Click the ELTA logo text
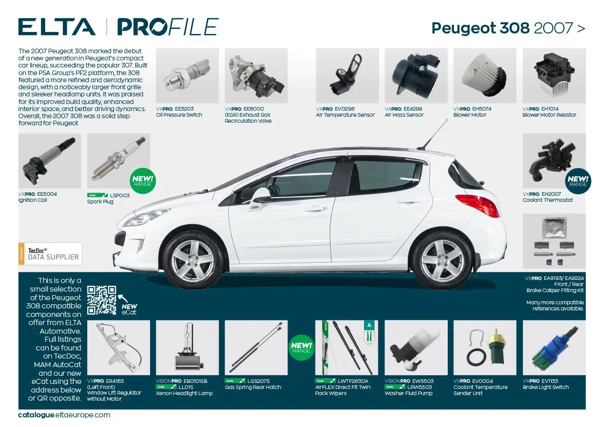tap(57, 26)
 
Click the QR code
tap(101, 300)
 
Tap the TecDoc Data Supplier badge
tap(49, 254)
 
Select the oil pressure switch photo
tap(187, 76)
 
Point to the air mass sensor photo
tap(415, 76)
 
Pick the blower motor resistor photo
tap(553, 76)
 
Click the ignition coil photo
tap(49, 161)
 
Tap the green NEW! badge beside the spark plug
tap(143, 181)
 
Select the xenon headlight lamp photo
tap(187, 347)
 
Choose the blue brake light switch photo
tap(553, 347)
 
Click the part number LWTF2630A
tap(353, 381)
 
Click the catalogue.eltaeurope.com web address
tap(64, 415)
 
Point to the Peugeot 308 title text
tap(480, 28)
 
